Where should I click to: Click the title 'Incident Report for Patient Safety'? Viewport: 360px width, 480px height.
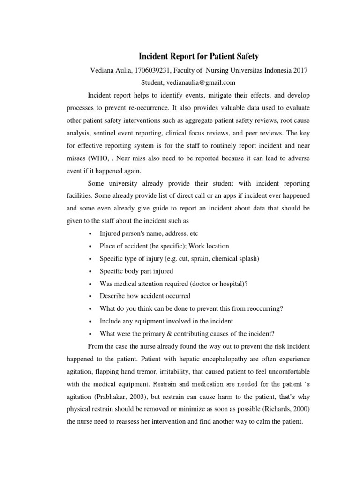click(198, 57)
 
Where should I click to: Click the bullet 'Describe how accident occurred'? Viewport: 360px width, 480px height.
click(145, 296)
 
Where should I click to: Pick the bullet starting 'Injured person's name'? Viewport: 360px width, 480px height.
click(146, 233)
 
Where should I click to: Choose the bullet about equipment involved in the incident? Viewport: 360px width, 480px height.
click(166, 321)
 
